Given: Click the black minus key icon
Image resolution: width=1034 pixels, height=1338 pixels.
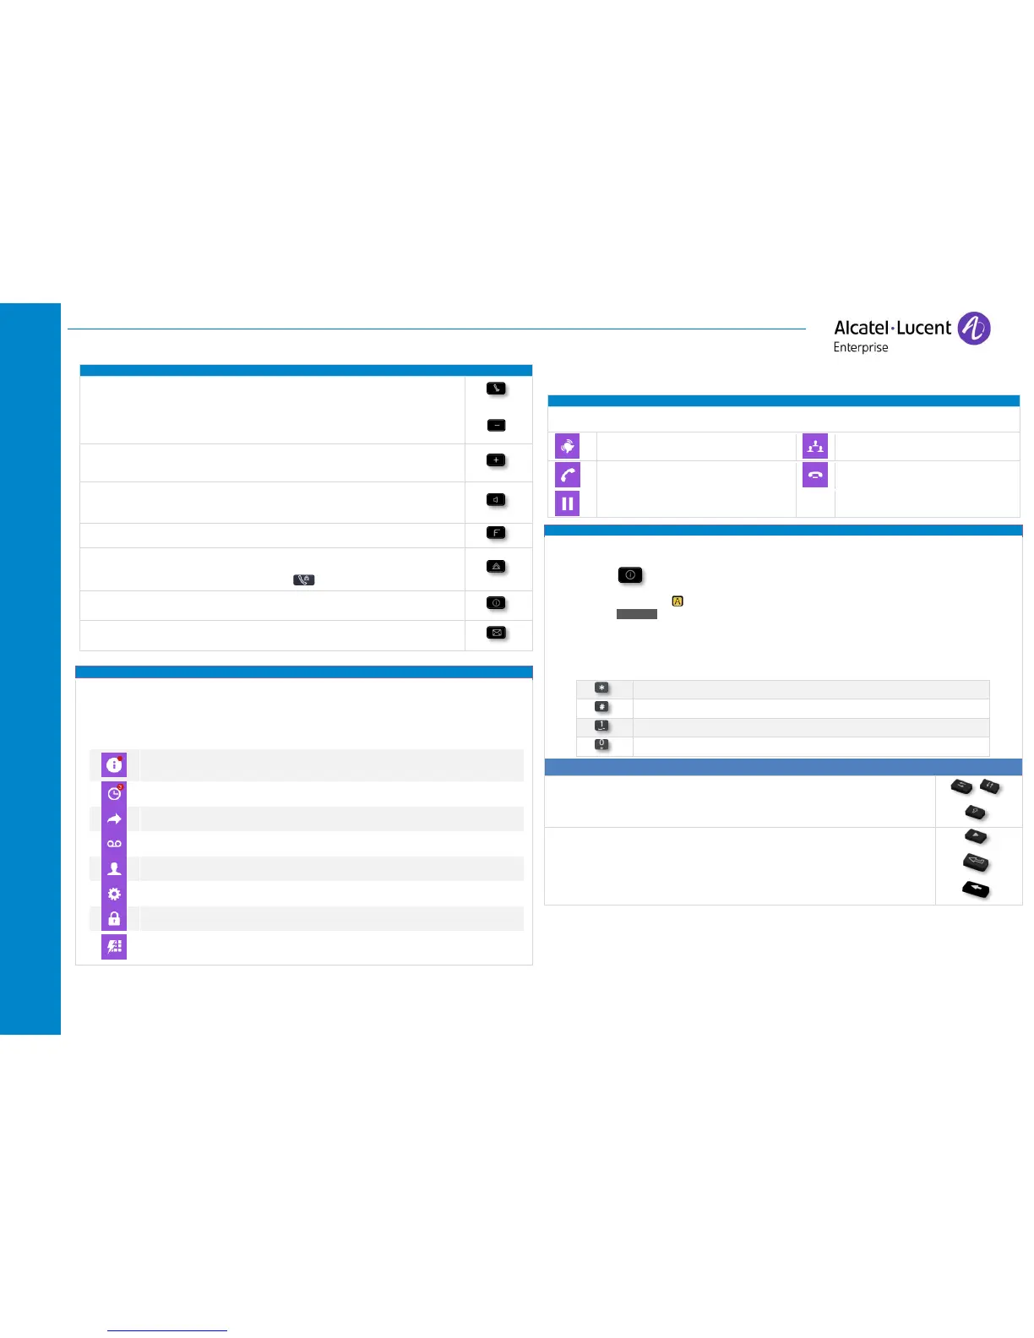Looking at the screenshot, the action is click(497, 425).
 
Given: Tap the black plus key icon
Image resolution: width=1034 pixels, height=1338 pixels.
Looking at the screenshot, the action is click(497, 460).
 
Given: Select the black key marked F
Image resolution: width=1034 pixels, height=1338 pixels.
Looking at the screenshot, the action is click(497, 533).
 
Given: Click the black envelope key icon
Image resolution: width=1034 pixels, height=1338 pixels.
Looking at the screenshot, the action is click(497, 633).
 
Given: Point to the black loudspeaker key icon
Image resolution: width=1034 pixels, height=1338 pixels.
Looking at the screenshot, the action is click(497, 500).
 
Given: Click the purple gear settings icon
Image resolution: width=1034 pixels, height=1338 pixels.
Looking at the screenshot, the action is click(114, 894).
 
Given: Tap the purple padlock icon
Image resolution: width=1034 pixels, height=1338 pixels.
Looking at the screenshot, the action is click(114, 919).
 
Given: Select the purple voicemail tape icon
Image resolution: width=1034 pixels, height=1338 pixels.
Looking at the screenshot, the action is click(114, 844).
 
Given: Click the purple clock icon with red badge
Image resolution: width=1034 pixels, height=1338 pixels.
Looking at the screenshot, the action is click(114, 793).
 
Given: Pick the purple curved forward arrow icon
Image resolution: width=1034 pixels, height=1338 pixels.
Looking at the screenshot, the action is click(114, 819).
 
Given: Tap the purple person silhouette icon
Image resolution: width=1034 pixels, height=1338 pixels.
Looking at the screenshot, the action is click(114, 868).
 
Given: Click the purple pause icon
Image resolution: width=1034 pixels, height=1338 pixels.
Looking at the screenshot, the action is click(568, 504).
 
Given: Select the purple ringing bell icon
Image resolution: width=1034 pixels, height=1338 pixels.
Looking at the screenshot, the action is click(568, 446).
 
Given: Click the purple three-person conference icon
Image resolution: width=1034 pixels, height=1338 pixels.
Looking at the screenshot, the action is click(815, 446).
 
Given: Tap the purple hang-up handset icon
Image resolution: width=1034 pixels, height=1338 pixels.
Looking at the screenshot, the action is click(815, 475).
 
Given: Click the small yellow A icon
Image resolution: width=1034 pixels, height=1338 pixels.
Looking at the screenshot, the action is click(678, 601).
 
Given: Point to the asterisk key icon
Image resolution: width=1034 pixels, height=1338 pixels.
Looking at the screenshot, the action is click(601, 688).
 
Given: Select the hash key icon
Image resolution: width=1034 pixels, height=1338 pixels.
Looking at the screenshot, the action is click(601, 707).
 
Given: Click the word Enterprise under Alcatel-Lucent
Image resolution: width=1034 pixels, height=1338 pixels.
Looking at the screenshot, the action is click(861, 347).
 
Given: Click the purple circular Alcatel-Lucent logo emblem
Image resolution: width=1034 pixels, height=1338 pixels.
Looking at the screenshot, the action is click(974, 328).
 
